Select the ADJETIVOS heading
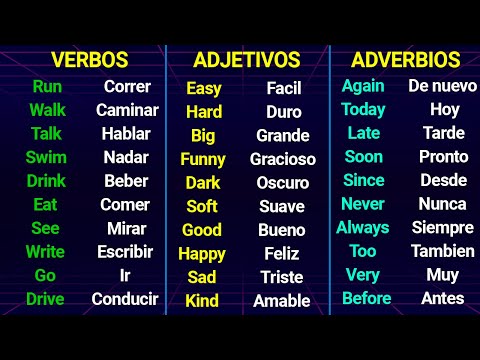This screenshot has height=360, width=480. [247, 60]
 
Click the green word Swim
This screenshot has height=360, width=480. [47, 157]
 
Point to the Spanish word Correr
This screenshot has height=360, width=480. [127, 86]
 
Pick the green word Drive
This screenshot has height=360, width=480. [45, 299]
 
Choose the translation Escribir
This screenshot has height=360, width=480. [125, 252]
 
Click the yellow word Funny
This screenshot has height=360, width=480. [203, 159]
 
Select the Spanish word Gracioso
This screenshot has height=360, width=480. [283, 159]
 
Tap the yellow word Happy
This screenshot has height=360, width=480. [202, 254]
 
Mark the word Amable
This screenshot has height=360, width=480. [282, 301]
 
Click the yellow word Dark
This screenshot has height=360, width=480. [203, 183]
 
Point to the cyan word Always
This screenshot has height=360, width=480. [363, 227]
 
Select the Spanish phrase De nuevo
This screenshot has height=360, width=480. [442, 85]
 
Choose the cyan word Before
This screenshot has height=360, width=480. [366, 298]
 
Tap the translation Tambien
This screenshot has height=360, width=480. [442, 251]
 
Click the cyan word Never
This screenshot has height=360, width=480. [363, 204]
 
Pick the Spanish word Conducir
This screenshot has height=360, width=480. [125, 299]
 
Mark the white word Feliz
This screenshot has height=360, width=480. [283, 254]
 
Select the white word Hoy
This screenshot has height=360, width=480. [444, 109]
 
